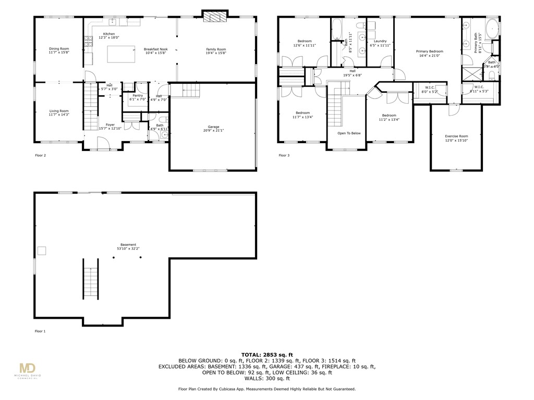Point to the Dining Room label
(59, 49)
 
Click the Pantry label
(138, 95)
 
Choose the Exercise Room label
(456, 136)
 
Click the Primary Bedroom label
(429, 52)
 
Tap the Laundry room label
(380, 41)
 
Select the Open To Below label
(349, 133)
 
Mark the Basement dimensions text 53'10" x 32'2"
(128, 248)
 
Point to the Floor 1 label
(40, 331)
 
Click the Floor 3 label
(284, 155)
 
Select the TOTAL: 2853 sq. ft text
(266, 354)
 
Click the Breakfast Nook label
(155, 49)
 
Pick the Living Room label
(59, 111)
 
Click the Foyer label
(110, 124)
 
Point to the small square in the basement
(41, 251)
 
